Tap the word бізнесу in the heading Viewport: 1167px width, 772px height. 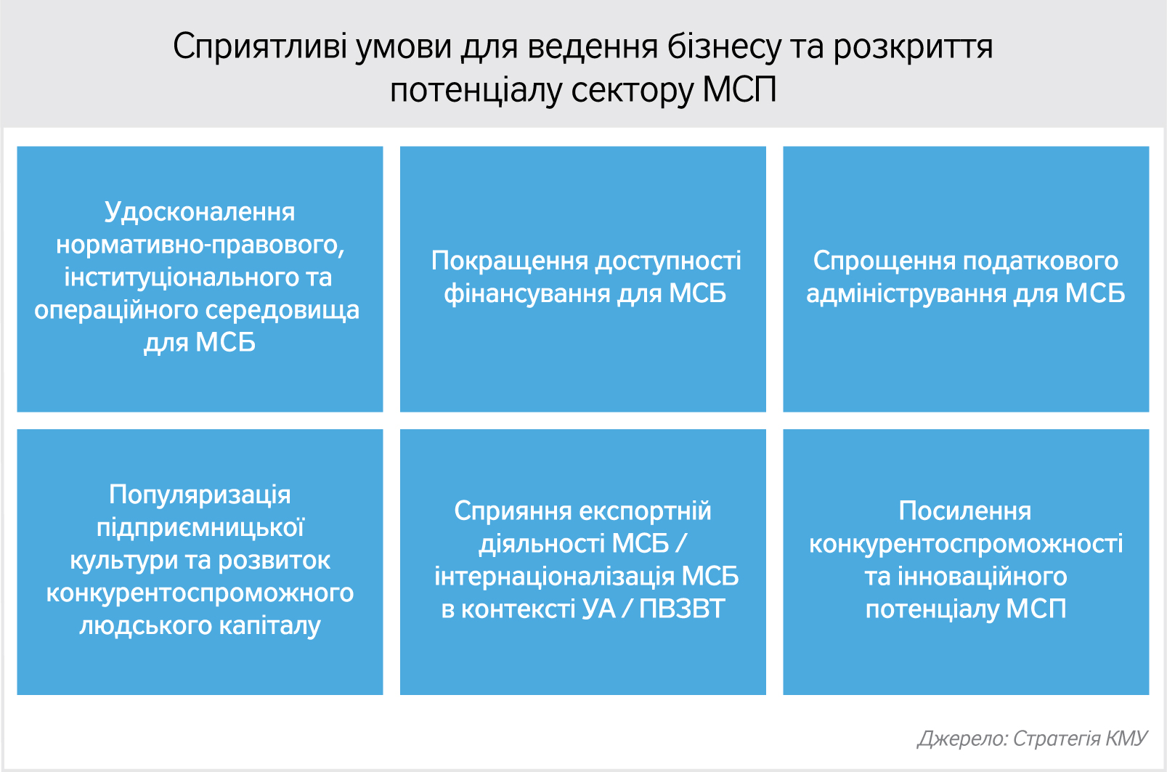tap(725, 46)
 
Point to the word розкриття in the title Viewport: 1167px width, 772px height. tap(913, 47)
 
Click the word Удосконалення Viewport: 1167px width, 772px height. tap(200, 213)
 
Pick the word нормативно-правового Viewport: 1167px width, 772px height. tap(200, 245)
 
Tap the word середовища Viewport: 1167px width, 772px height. tap(281, 311)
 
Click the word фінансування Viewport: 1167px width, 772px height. tap(527, 294)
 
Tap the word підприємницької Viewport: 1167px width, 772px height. tap(200, 528)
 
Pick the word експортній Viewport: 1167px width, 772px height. tap(646, 511)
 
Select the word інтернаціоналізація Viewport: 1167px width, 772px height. tap(555, 577)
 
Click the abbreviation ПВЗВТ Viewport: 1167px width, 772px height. tap(682, 609)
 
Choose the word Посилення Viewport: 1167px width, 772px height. tap(965, 511)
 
